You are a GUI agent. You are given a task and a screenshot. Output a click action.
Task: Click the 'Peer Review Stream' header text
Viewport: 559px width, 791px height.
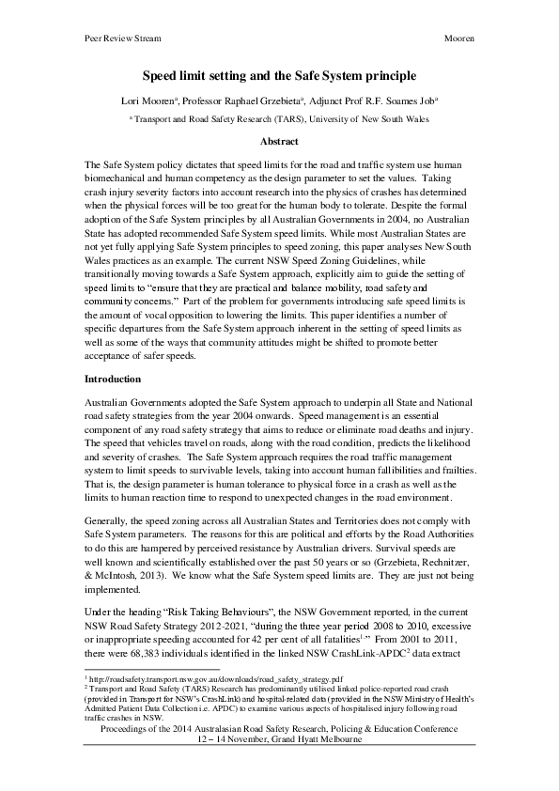coord(110,38)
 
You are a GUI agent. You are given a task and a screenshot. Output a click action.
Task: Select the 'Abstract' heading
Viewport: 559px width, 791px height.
coord(279,141)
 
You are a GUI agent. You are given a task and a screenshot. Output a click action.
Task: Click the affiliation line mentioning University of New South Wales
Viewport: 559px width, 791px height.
coord(279,120)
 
